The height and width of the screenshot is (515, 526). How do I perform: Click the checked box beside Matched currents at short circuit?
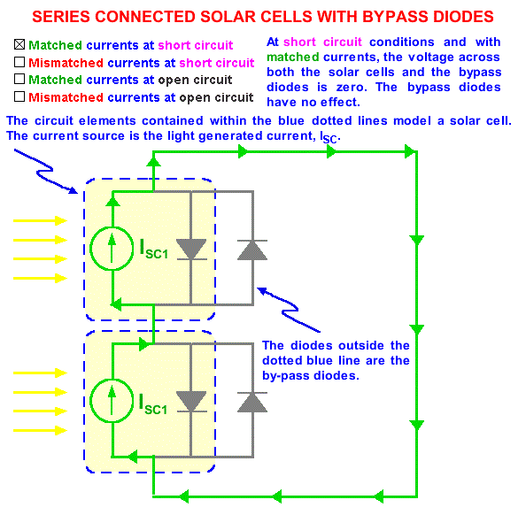(19, 44)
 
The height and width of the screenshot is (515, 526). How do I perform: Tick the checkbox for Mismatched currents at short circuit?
(19, 62)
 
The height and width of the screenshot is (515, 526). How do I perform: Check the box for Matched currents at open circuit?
(19, 79)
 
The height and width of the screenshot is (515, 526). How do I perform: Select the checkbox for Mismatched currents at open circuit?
(19, 96)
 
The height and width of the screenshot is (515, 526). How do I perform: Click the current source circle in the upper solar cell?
(112, 249)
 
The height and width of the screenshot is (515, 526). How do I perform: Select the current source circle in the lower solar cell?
(112, 400)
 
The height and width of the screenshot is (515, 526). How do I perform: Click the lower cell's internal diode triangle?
(191, 402)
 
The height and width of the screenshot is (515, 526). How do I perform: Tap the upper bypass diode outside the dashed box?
(252, 250)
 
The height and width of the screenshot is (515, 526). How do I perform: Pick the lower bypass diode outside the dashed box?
(252, 402)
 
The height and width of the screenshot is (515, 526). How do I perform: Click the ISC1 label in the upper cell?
(153, 249)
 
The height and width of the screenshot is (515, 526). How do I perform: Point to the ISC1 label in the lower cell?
(153, 404)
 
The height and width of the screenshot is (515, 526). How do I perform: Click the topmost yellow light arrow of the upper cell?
(40, 220)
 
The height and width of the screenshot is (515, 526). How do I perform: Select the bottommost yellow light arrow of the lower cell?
(40, 430)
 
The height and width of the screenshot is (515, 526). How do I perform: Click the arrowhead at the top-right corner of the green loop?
(410, 151)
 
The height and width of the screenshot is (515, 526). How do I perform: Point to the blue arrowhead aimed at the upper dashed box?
(73, 190)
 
